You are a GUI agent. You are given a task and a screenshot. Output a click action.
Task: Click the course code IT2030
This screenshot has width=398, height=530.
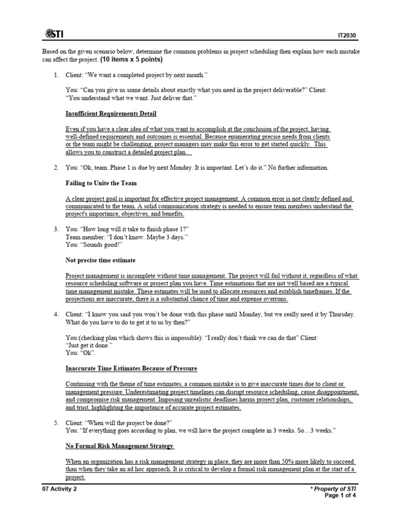click(x=346, y=36)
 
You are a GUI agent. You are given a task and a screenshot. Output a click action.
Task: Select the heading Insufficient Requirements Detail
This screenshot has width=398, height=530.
click(x=111, y=113)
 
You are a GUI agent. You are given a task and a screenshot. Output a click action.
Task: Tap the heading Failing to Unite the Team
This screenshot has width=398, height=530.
click(x=101, y=183)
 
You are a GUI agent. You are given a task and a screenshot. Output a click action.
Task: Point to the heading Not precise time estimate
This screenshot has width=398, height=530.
click(x=101, y=260)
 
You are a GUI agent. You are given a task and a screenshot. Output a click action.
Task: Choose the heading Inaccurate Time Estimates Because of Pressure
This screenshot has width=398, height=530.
click(x=131, y=368)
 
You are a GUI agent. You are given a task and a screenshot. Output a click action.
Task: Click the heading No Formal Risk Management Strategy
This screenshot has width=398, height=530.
click(x=120, y=446)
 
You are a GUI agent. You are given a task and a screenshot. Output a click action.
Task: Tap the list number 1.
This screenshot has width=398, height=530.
click(x=56, y=75)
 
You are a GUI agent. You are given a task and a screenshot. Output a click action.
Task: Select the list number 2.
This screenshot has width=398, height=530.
click(x=56, y=168)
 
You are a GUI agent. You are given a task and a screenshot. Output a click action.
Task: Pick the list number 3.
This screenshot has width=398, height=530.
click(x=56, y=229)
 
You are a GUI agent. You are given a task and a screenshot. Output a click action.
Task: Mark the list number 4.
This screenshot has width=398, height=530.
click(x=56, y=314)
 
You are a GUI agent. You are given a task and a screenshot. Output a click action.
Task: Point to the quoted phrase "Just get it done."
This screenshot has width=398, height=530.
click(x=89, y=345)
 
